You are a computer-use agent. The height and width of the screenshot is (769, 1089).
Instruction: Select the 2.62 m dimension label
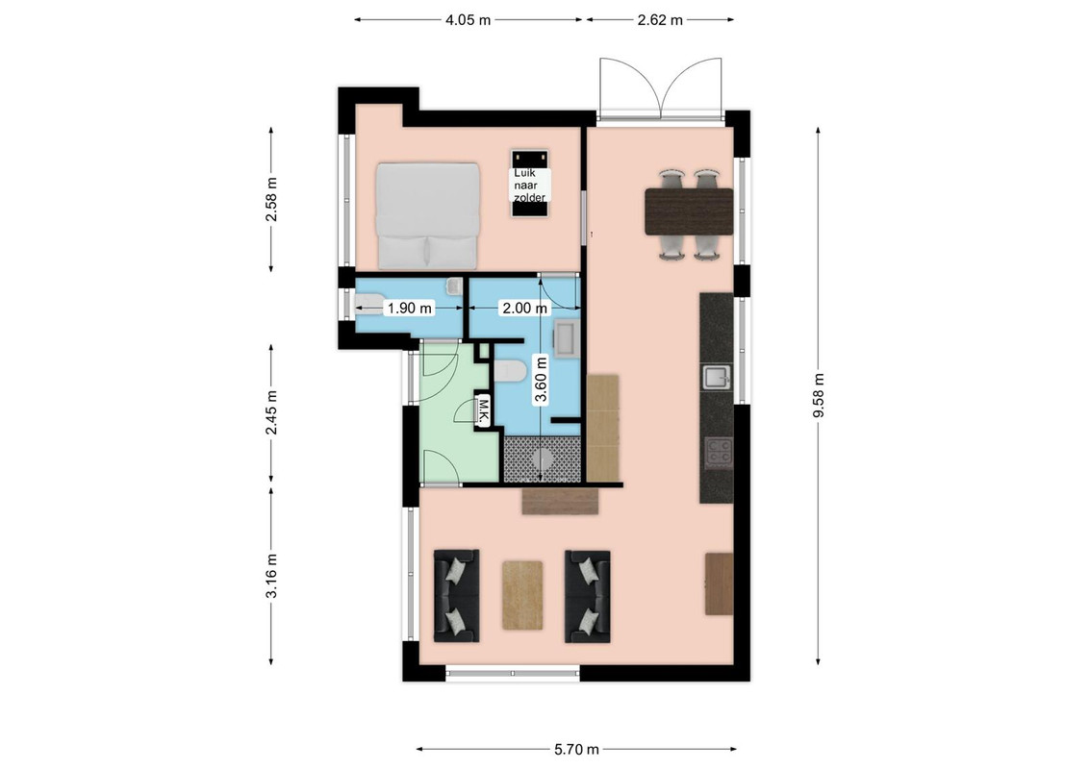click(x=660, y=20)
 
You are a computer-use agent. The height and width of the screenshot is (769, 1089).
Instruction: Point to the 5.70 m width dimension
click(x=576, y=750)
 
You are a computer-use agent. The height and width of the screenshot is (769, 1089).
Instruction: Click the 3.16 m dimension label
click(x=271, y=576)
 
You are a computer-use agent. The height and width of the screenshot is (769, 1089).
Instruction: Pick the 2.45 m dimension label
click(x=271, y=412)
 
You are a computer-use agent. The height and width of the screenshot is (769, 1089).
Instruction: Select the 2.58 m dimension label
click(x=271, y=199)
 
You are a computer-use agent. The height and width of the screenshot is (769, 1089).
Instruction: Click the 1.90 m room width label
click(x=409, y=309)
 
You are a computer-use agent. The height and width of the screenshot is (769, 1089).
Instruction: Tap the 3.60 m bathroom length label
click(x=541, y=379)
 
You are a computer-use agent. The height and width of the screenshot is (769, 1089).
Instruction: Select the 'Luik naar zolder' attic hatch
click(x=530, y=184)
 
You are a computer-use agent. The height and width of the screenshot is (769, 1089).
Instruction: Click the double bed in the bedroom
click(x=428, y=216)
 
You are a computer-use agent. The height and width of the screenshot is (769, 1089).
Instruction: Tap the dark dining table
click(x=689, y=211)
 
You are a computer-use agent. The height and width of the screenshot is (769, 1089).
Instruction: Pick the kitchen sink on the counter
click(x=716, y=378)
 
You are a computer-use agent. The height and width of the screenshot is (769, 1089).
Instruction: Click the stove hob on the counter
click(x=718, y=452)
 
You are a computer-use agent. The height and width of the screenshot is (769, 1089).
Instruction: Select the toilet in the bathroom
click(x=510, y=371)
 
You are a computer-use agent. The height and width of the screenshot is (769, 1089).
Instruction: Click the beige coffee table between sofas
click(x=522, y=595)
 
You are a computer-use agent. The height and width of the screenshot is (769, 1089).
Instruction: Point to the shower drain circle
click(x=544, y=459)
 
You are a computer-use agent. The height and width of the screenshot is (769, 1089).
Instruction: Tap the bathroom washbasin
click(x=566, y=339)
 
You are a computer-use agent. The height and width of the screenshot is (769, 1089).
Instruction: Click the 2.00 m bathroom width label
click(x=524, y=309)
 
